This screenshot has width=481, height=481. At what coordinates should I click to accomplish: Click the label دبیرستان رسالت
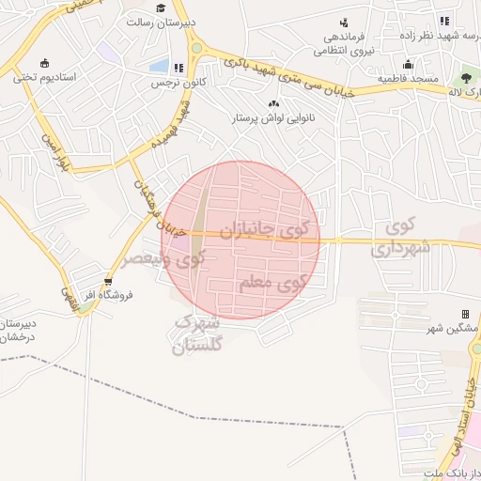click(x=162, y=21)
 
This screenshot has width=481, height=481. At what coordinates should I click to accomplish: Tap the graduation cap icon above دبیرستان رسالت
click(x=162, y=8)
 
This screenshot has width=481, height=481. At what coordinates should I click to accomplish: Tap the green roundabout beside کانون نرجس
click(x=195, y=48)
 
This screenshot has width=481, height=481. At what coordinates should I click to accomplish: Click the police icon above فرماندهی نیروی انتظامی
click(x=344, y=22)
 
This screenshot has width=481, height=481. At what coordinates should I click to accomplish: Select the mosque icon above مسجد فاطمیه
click(x=408, y=65)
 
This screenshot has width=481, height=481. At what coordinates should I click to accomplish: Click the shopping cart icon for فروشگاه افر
click(x=109, y=280)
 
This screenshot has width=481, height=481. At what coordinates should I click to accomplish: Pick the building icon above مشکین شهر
click(x=464, y=314)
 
